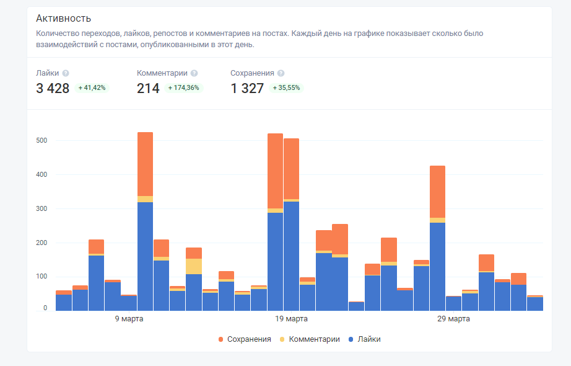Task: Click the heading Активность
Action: coord(64,19)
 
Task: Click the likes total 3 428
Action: coord(53,89)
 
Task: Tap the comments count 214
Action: coord(148,89)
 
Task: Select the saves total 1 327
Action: coord(247,89)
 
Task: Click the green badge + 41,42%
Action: coord(92,88)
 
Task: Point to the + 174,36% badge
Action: coord(183,88)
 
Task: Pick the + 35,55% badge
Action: coord(286,88)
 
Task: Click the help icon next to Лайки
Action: coord(66,73)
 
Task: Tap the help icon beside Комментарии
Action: coord(194,73)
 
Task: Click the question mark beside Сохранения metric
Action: coord(281,73)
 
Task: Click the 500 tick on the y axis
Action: coord(41,141)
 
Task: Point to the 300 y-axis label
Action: coord(41,209)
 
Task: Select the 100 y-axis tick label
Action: coord(41,277)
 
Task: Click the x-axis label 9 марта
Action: coord(130,319)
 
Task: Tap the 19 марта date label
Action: coord(291,319)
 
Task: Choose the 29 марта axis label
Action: coord(453,319)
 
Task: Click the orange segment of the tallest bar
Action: coord(145,164)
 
